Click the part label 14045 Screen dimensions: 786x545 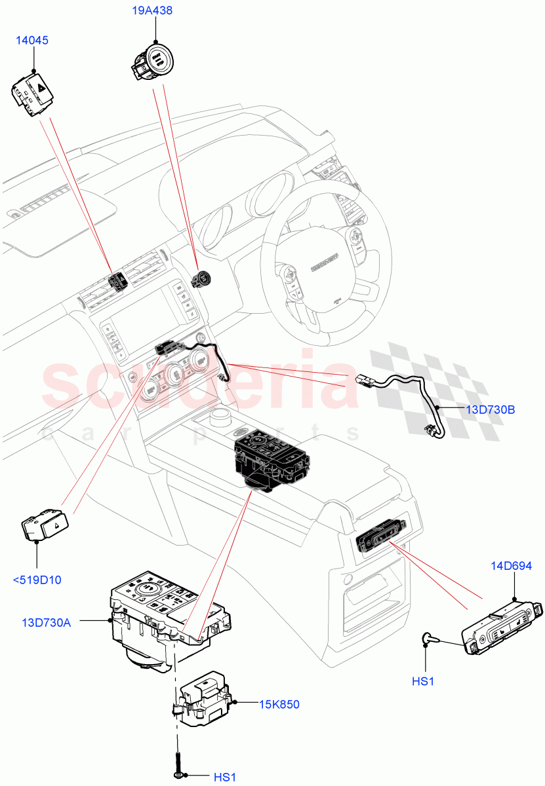click(x=32, y=41)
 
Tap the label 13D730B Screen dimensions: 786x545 click(x=490, y=410)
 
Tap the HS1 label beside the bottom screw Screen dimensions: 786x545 click(x=224, y=777)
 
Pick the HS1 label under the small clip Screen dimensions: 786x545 click(x=424, y=681)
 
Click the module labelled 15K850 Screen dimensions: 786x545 click(x=203, y=700)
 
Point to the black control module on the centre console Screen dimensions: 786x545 click(x=269, y=462)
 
